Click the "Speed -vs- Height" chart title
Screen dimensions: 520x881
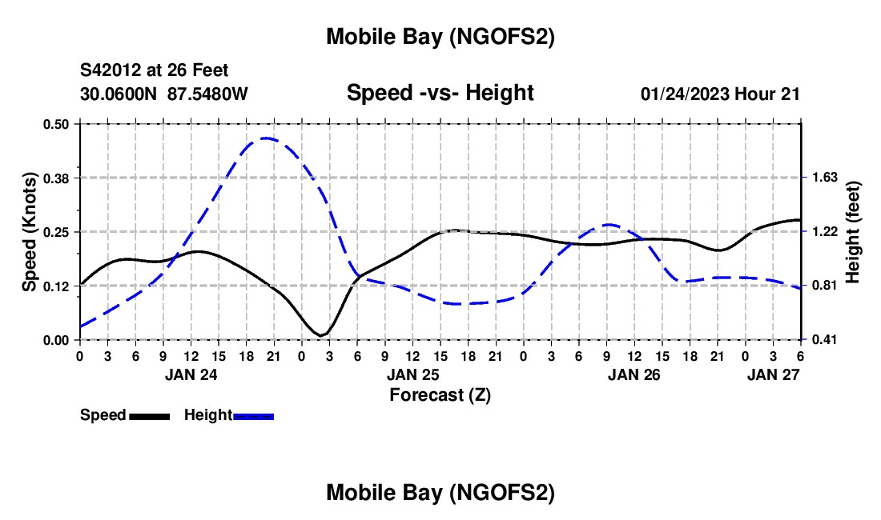[x=440, y=93]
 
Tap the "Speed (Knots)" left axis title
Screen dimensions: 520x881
[x=30, y=232]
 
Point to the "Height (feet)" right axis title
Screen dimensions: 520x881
[x=852, y=232]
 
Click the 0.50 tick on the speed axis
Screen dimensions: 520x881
[x=56, y=124]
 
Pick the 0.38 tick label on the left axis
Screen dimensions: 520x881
[x=56, y=178]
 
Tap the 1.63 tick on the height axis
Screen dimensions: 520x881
[x=824, y=178]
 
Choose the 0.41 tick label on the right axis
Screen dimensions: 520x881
[x=824, y=340]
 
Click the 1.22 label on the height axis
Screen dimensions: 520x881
[x=824, y=232]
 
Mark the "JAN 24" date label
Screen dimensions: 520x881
[x=191, y=374]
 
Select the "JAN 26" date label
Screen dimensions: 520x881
[x=634, y=374]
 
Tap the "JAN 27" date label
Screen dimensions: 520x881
[x=773, y=374]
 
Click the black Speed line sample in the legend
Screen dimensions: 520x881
[x=149, y=415]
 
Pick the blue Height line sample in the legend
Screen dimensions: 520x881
[x=253, y=415]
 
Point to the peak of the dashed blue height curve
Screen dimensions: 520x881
[x=265, y=138]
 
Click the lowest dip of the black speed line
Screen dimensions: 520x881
[x=322, y=335]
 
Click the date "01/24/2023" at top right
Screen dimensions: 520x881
[x=684, y=94]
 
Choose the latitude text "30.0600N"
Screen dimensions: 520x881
[x=119, y=94]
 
